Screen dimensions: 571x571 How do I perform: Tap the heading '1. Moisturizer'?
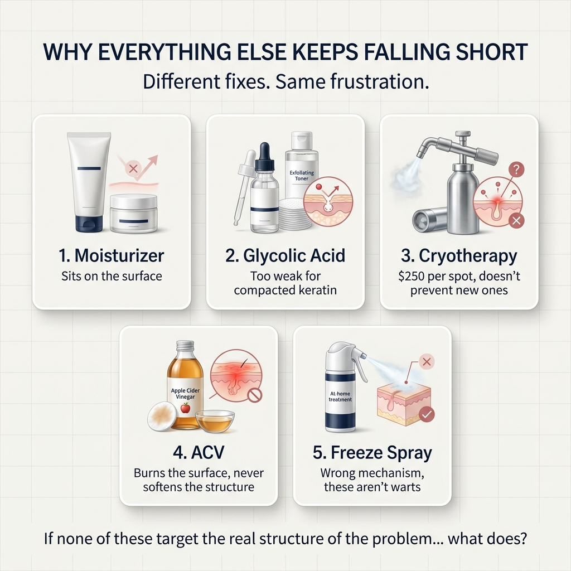click(x=112, y=255)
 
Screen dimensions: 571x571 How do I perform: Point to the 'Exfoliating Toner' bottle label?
click(x=302, y=176)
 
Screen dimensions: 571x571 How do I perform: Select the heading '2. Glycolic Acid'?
click(x=285, y=255)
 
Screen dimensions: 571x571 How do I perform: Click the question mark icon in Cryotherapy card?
click(x=516, y=170)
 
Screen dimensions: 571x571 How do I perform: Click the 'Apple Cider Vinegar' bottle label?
click(x=185, y=394)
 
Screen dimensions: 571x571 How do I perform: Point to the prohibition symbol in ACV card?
click(x=255, y=395)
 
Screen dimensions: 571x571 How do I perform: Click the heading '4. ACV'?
click(x=199, y=453)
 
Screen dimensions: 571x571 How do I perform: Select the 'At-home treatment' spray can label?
click(x=340, y=396)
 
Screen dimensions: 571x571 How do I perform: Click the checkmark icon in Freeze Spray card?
click(x=427, y=414)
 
